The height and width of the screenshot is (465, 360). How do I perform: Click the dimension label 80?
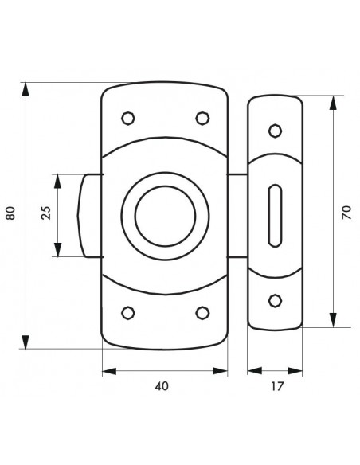[11, 213]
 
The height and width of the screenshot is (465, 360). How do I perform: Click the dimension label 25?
[46, 213]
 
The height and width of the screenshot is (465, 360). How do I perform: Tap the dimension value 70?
[346, 213]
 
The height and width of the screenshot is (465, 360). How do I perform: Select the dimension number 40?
[162, 386]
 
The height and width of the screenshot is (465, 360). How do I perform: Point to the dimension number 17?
[277, 386]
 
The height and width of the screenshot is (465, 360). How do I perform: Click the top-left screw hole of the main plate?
[128, 118]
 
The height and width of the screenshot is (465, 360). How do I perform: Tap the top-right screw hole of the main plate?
[202, 118]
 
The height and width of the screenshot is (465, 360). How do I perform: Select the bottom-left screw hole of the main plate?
[128, 313]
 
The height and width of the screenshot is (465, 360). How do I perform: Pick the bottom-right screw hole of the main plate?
[202, 313]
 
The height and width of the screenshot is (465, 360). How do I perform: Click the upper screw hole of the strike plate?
[275, 131]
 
